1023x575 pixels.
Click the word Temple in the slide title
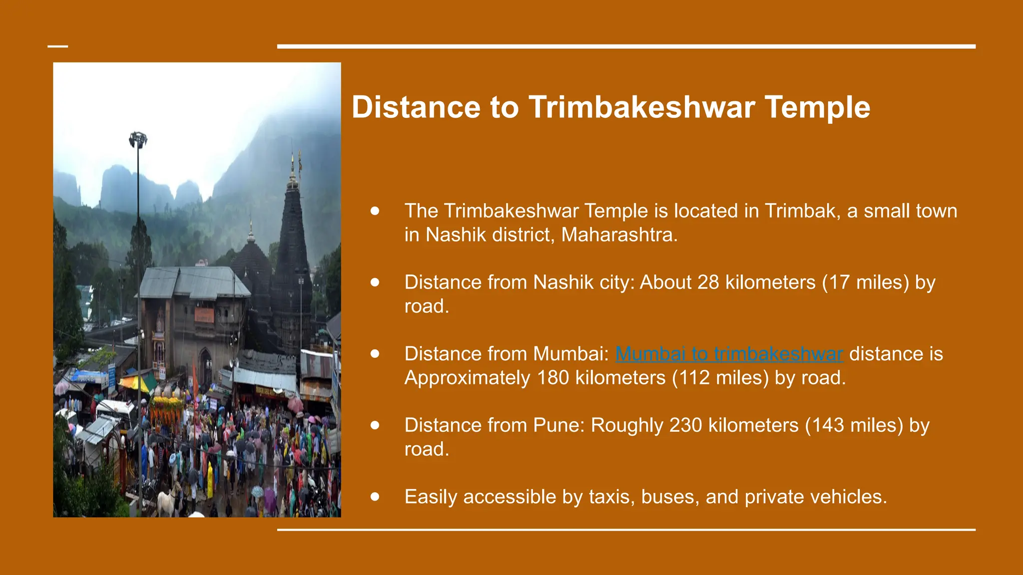817,107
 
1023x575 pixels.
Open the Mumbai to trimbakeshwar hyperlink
729,354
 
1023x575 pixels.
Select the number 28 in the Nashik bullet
708,283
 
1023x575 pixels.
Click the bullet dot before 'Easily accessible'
375,497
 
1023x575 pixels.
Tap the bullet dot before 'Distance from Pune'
375,425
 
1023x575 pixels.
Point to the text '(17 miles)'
865,283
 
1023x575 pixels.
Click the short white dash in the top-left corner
57,46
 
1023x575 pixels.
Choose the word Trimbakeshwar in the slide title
641,107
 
